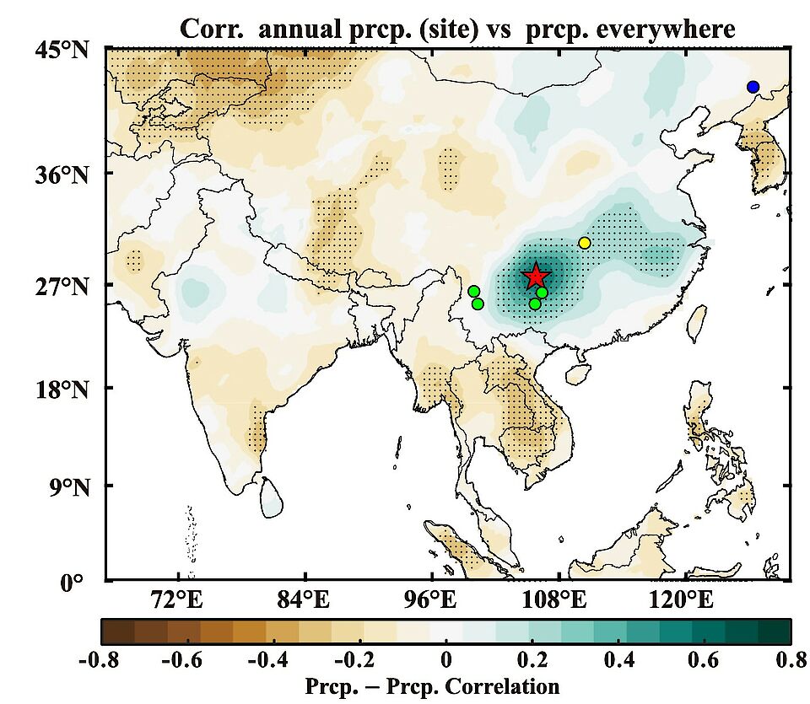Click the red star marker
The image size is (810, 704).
click(x=536, y=276)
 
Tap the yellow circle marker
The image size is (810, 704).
click(x=585, y=243)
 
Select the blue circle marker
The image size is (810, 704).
click(x=753, y=87)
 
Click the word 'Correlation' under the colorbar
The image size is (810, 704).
click(x=505, y=685)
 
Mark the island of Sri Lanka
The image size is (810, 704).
click(x=271, y=497)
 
